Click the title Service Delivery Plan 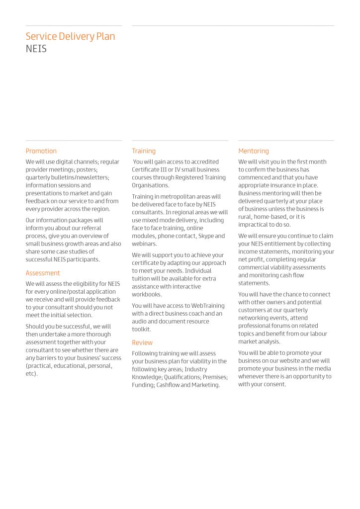pos(70,37)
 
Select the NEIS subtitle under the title pos(36,49)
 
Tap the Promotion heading pos(41,151)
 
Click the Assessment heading pos(43,273)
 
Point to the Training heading pos(144,151)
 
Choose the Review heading pos(142,342)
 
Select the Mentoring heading pos(254,151)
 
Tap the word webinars pos(144,244)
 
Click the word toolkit pos(141,330)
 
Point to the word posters pos(87,170)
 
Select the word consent pos(274,384)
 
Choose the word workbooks pos(147,295)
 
